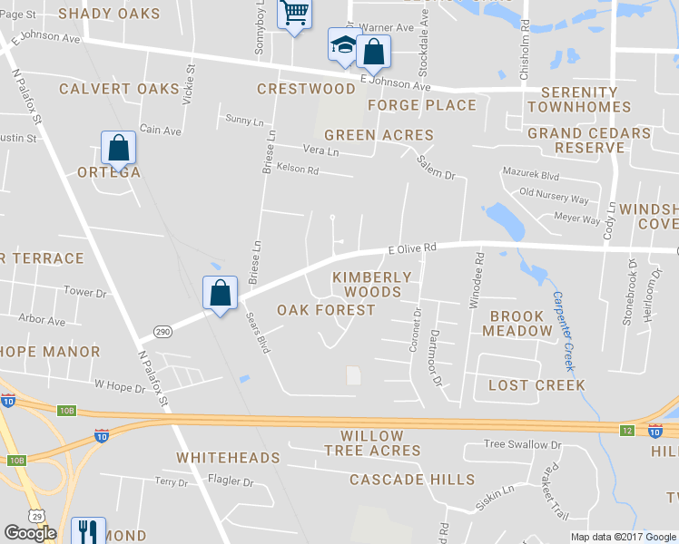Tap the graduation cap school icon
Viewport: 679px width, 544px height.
[x=344, y=44]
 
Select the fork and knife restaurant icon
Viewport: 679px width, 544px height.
[x=88, y=530]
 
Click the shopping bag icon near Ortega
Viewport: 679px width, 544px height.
[x=118, y=147]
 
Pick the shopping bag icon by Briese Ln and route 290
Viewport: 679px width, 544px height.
[x=220, y=292]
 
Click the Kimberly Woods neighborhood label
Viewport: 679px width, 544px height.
[x=372, y=284]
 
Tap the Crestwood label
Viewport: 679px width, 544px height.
[x=306, y=89]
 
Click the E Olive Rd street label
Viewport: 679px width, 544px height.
[x=412, y=247]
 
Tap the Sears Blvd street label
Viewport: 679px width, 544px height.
[x=258, y=333]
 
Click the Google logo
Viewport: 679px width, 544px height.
[x=30, y=533]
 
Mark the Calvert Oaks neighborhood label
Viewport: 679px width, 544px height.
[x=119, y=89]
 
